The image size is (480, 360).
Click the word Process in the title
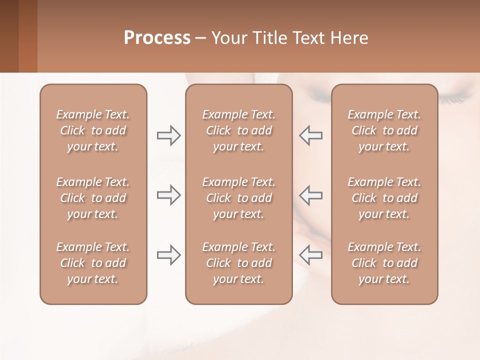click(x=157, y=37)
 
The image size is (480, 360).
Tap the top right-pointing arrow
click(x=169, y=135)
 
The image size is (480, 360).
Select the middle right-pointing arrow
click(x=169, y=195)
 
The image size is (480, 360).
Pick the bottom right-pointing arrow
click(x=169, y=255)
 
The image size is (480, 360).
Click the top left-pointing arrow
click(x=311, y=135)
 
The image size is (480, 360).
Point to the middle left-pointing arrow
click(x=311, y=195)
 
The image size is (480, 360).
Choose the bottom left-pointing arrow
click(x=311, y=255)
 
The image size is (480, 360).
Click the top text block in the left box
click(x=93, y=130)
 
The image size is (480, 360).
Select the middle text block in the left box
click(x=93, y=198)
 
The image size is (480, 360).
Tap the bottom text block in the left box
click(x=93, y=263)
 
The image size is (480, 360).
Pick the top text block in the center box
click(x=238, y=130)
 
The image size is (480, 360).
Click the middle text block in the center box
click(x=238, y=198)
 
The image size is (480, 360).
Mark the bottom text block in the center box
click(x=238, y=263)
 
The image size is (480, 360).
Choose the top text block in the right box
click(x=384, y=130)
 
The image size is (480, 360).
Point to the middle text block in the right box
click(x=384, y=198)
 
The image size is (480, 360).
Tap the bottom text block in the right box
click(x=384, y=263)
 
